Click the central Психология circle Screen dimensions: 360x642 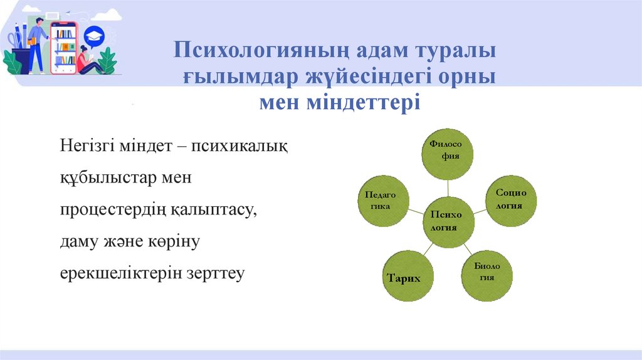tap(448, 221)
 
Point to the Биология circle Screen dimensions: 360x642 tap(487, 274)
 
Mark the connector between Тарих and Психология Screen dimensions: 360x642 tap(426, 250)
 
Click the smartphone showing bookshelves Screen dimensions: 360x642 tap(64, 47)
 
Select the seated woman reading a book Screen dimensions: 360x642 tap(85, 61)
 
